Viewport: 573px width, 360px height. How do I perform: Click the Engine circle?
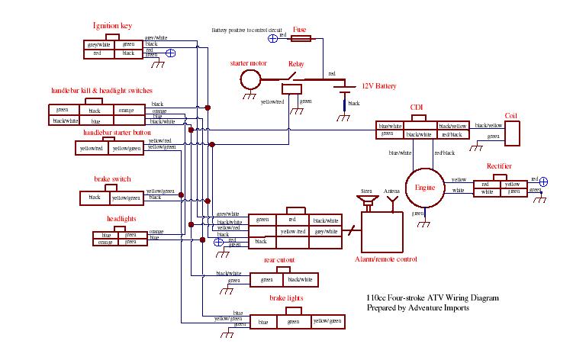point(424,187)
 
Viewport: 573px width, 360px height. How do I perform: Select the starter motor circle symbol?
point(249,79)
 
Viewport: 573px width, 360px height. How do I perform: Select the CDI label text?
point(417,107)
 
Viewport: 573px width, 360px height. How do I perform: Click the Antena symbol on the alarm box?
point(392,202)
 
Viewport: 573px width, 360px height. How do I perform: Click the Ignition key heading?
point(112,26)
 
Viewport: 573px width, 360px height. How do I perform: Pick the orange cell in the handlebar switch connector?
point(127,111)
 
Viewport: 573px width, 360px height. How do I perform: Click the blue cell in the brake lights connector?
point(263,323)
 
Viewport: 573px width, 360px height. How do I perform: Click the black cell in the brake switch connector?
point(95,198)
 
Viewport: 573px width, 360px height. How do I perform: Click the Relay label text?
point(296,64)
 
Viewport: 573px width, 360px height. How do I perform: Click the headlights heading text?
point(121,219)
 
